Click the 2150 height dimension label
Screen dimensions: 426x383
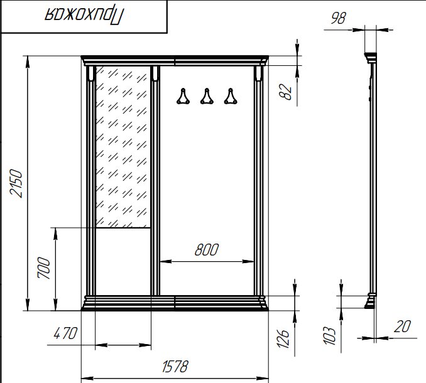click(x=16, y=183)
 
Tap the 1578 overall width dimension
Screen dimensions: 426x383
click(x=175, y=367)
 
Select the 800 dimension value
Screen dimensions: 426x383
click(x=207, y=250)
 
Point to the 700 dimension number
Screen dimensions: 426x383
click(x=44, y=268)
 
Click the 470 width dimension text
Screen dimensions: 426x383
click(x=65, y=333)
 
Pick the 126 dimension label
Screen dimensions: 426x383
click(x=283, y=338)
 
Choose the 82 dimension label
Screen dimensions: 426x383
click(x=285, y=92)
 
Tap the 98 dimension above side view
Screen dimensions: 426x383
click(x=338, y=18)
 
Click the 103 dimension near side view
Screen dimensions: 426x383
click(x=329, y=336)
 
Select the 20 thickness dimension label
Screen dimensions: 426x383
click(x=402, y=326)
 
